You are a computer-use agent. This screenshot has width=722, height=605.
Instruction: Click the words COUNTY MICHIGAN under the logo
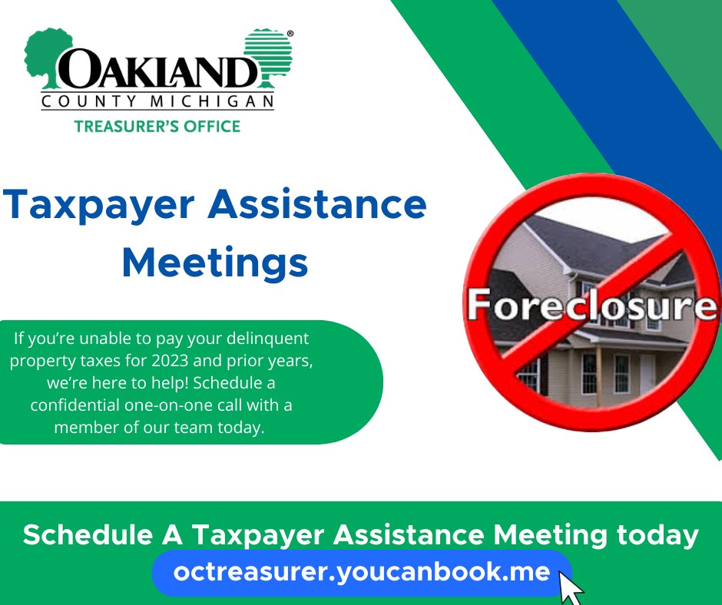click(x=157, y=102)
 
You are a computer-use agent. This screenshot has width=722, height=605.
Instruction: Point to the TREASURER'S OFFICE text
click(x=157, y=125)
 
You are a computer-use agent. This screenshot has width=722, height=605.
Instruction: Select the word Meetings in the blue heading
click(x=215, y=263)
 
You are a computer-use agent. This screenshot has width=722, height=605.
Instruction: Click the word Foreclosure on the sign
click(x=592, y=304)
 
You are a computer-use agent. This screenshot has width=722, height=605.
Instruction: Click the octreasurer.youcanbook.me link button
click(x=362, y=573)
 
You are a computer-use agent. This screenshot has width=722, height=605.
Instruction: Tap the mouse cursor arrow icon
click(x=571, y=587)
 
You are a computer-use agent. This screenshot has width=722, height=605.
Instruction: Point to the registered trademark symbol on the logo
click(x=289, y=35)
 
